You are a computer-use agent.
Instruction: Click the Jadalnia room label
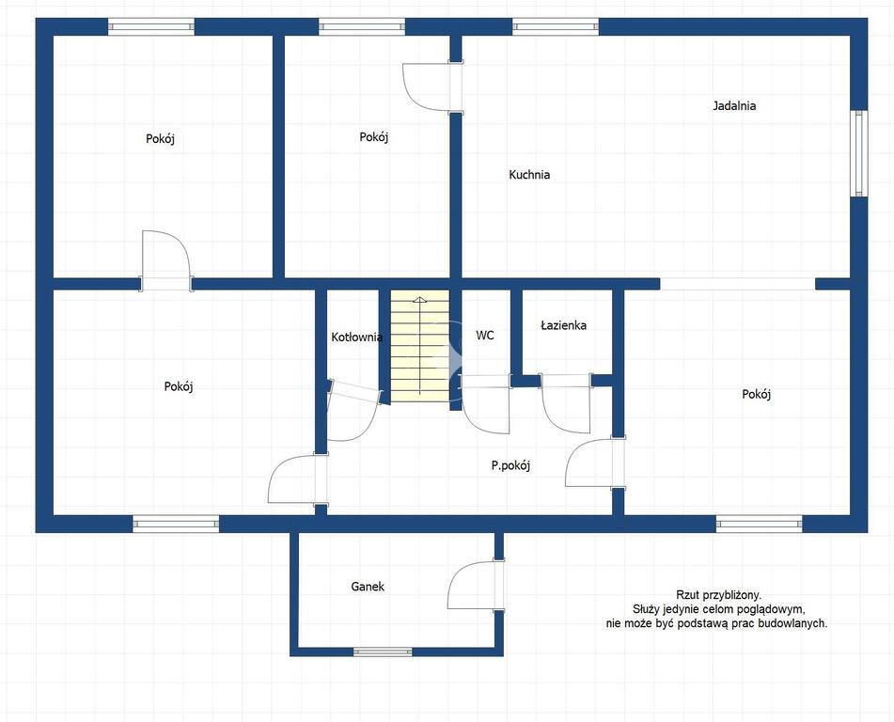click(x=734, y=105)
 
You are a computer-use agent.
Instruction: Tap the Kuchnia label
click(x=529, y=175)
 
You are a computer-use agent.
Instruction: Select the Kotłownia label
click(x=357, y=337)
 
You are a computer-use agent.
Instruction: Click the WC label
click(x=485, y=336)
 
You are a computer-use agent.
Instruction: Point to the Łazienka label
click(x=563, y=325)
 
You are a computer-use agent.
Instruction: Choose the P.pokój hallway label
click(x=510, y=466)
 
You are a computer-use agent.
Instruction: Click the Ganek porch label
click(x=368, y=587)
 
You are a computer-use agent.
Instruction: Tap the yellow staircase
click(x=420, y=346)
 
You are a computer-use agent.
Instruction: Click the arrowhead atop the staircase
click(x=419, y=299)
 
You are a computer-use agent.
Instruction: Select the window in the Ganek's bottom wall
click(x=383, y=651)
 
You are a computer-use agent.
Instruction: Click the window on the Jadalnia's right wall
click(x=858, y=153)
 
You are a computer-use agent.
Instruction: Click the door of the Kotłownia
click(x=353, y=412)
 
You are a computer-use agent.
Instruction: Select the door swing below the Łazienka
click(x=566, y=404)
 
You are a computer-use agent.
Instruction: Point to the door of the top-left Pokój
click(x=165, y=260)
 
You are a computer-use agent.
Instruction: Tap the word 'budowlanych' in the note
click(x=796, y=623)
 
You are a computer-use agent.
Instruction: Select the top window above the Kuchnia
click(x=556, y=26)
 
